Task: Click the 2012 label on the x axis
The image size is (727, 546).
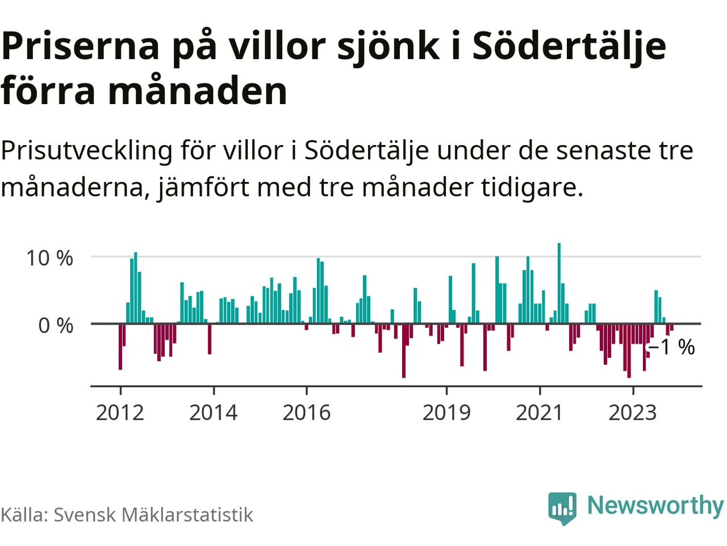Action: pyautogui.click(x=120, y=412)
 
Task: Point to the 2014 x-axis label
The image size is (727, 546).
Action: pyautogui.click(x=213, y=412)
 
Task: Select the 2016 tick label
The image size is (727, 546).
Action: pyautogui.click(x=306, y=412)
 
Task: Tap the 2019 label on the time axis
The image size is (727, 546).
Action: pyautogui.click(x=446, y=412)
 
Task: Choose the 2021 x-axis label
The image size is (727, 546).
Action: pyautogui.click(x=540, y=412)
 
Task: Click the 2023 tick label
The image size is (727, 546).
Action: pyautogui.click(x=633, y=412)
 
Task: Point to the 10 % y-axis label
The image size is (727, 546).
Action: pyautogui.click(x=49, y=258)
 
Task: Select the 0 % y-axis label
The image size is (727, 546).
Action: pyautogui.click(x=56, y=326)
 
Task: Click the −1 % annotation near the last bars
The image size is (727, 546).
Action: pyautogui.click(x=672, y=347)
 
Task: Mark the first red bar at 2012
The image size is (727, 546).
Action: pyautogui.click(x=120, y=346)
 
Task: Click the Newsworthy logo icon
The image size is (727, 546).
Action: pyautogui.click(x=562, y=507)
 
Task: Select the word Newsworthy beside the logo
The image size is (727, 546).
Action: pyautogui.click(x=655, y=505)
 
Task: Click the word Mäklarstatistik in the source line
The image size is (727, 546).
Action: pyautogui.click(x=187, y=515)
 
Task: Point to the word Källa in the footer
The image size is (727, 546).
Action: pyautogui.click(x=24, y=515)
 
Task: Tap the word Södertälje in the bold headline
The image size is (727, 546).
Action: pyautogui.click(x=569, y=46)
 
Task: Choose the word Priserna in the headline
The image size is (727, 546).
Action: pyautogui.click(x=81, y=46)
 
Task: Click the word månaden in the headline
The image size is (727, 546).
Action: pyautogui.click(x=198, y=91)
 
